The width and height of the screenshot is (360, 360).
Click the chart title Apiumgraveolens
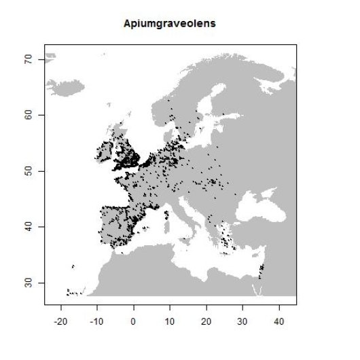click(170, 24)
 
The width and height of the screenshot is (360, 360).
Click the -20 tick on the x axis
click(60, 319)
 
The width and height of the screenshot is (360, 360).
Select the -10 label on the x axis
click(96, 319)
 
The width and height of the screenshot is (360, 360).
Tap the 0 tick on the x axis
click(133, 319)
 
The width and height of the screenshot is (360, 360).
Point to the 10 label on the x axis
click(170, 319)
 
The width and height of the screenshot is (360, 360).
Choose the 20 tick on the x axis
click(206, 319)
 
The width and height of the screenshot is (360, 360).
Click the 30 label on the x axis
click(242, 319)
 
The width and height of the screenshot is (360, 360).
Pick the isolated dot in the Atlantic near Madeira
click(73, 267)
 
